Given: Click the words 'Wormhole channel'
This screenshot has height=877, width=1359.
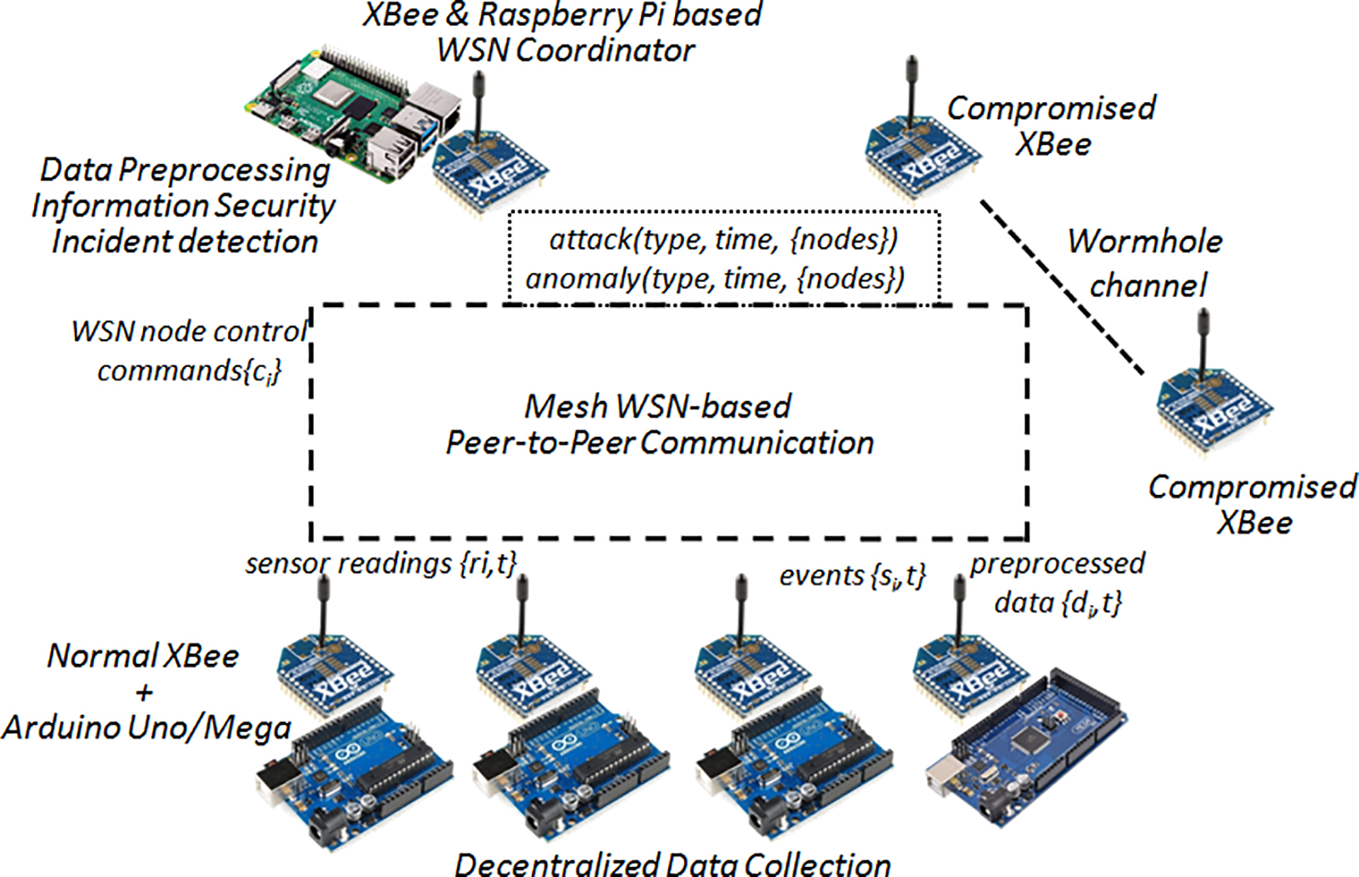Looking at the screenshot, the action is click(x=1145, y=263).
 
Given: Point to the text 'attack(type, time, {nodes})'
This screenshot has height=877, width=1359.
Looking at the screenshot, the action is click(x=723, y=240).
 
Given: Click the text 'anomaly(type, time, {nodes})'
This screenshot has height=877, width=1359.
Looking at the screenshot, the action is click(x=715, y=279).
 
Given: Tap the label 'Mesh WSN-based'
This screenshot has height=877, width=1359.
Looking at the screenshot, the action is click(x=657, y=406).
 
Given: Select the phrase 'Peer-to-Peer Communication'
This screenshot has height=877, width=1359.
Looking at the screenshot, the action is click(x=660, y=443).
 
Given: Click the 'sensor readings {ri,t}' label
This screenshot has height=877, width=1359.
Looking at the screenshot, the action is click(x=381, y=564).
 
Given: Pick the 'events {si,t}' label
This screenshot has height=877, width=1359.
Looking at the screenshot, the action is click(x=852, y=576).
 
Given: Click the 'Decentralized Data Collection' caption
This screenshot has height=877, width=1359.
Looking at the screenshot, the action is click(x=672, y=864).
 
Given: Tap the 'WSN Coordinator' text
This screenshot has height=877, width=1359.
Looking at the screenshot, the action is click(x=565, y=50).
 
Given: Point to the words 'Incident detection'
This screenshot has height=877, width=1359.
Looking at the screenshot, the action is click(x=185, y=241).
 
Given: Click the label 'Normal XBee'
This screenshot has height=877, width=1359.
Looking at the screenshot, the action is click(x=143, y=657).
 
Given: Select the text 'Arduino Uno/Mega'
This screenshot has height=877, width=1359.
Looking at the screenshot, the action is click(x=146, y=728).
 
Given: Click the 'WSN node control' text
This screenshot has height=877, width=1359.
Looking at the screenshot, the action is click(x=189, y=332).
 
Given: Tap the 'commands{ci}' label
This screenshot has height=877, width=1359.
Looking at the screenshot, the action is click(x=189, y=370).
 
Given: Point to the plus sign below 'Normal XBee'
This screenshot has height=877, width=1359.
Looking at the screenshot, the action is click(x=144, y=692).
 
